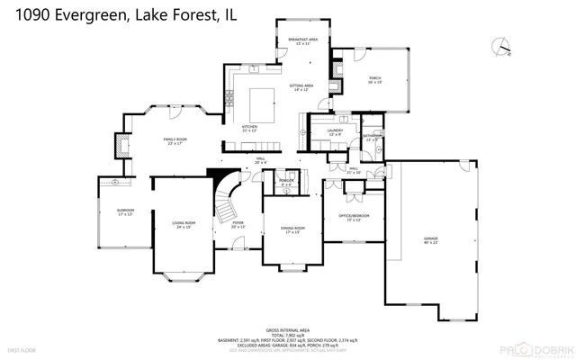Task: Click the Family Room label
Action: click(175, 141)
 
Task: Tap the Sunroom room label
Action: click(124, 212)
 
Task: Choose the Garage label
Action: click(430, 241)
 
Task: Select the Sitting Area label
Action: click(299, 87)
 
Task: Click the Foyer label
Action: click(238, 224)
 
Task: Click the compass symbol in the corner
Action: click(500, 45)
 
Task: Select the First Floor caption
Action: click(21, 348)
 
